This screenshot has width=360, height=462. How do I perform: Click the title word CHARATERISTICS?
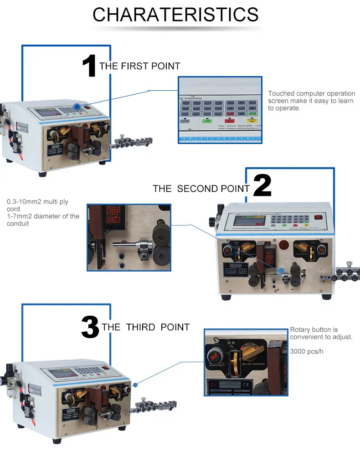pos(175,15)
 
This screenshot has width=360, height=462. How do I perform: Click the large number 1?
pos(89,66)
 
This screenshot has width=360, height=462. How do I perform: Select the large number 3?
pos(90,327)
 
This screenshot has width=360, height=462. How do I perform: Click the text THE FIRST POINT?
pos(139,66)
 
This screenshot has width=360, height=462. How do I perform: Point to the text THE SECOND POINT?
pos(201,189)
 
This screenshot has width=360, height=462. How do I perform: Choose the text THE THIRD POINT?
pos(145,327)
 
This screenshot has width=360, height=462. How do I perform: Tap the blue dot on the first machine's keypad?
pos(77,107)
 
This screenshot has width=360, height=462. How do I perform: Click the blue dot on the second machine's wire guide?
pos(282,271)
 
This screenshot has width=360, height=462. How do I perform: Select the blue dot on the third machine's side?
pos(135,385)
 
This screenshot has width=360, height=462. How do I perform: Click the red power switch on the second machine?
pos(318,217)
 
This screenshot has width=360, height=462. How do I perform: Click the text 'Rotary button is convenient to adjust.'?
pos(321,333)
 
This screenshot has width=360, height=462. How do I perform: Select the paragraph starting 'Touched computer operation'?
pos(311,101)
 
